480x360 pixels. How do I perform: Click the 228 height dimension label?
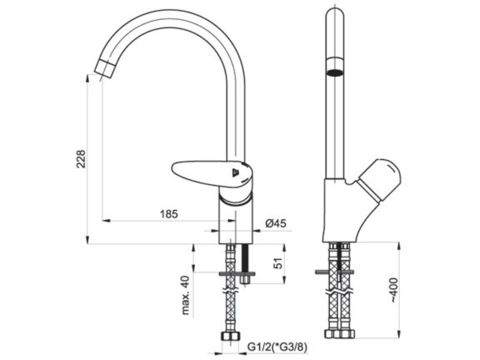[81, 158]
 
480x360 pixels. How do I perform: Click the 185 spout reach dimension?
[169, 214]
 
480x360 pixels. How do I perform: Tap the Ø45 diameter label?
[276, 224]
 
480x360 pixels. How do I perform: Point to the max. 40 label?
[186, 295]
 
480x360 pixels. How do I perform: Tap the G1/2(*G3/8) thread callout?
[277, 346]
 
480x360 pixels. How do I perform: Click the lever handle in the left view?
[212, 173]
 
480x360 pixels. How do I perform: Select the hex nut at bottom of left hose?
[230, 337]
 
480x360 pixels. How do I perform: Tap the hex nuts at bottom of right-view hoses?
[339, 334]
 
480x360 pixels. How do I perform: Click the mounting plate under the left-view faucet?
[237, 273]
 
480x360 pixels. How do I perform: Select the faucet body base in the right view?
[341, 210]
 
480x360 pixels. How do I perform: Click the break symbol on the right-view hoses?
[339, 292]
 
